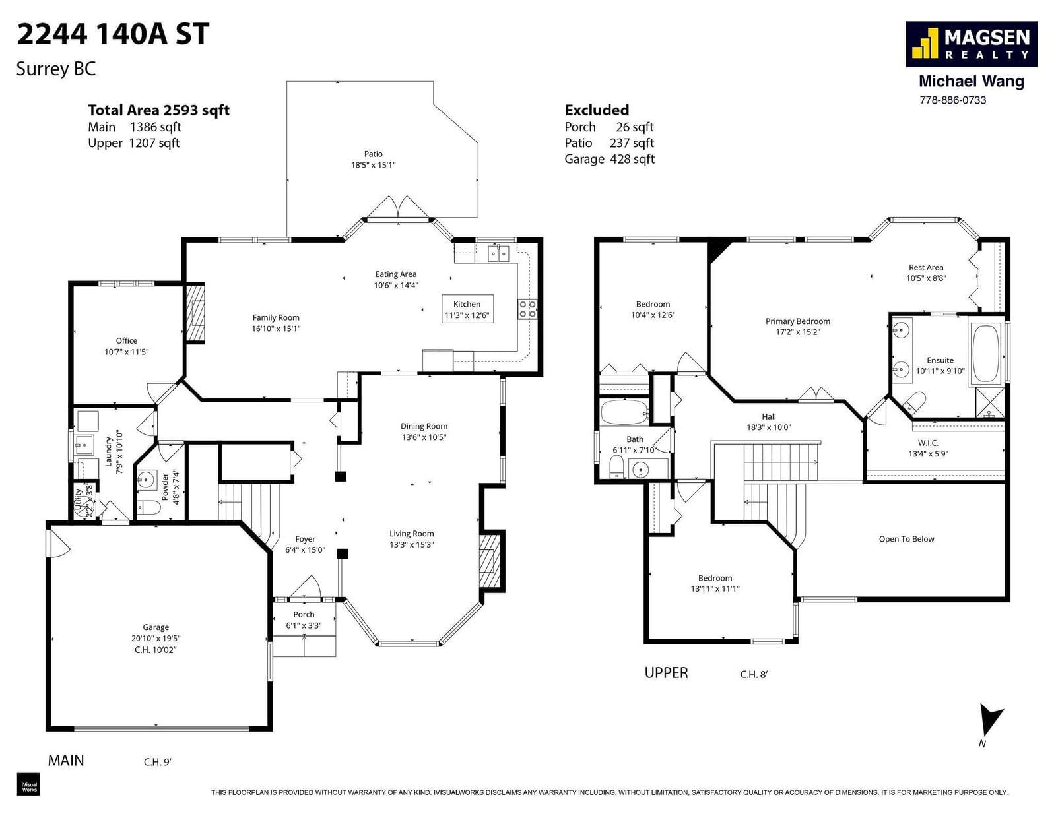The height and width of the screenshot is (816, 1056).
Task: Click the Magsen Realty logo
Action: (971, 44)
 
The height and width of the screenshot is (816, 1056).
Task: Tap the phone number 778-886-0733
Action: (953, 100)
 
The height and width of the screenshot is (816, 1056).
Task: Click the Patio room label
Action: (373, 154)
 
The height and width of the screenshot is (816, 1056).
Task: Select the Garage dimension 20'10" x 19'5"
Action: (156, 639)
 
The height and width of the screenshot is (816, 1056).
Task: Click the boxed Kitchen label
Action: (467, 309)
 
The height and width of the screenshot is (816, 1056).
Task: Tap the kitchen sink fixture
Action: (498, 253)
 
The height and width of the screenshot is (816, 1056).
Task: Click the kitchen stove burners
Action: (527, 309)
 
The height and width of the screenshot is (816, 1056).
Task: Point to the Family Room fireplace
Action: (196, 313)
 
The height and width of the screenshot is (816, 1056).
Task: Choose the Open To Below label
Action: (906, 539)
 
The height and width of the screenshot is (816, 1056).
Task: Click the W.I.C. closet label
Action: (928, 443)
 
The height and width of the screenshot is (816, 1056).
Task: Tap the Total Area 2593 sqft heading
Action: (158, 110)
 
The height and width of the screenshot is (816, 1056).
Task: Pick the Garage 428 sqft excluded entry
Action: (609, 160)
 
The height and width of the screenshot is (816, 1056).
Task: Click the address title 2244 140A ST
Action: (114, 34)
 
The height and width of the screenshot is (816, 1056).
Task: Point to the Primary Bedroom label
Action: (797, 321)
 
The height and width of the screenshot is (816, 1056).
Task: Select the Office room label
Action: (126, 341)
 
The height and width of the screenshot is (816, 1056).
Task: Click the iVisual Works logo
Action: (28, 784)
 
